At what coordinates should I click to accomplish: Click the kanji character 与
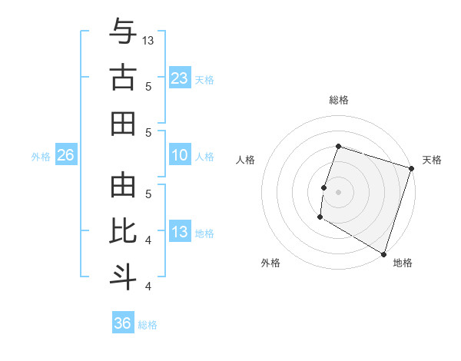click(x=122, y=32)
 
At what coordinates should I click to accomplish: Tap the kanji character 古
click(x=122, y=78)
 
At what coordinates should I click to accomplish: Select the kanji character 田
click(x=122, y=124)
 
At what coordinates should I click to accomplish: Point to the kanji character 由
click(x=122, y=185)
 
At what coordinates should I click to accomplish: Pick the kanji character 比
click(x=122, y=231)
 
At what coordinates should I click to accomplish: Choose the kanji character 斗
click(x=122, y=277)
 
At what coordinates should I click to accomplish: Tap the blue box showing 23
click(x=179, y=78)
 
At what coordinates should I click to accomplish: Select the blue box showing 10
click(x=179, y=155)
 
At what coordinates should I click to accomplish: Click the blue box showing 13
click(x=179, y=232)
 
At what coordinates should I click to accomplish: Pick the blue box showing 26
click(x=65, y=155)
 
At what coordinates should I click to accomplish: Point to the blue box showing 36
click(x=122, y=323)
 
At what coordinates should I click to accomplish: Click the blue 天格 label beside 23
click(x=204, y=79)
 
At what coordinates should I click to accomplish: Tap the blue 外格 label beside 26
click(x=41, y=156)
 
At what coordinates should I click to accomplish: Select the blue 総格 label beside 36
click(x=148, y=324)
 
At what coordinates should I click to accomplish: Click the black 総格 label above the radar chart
click(x=338, y=100)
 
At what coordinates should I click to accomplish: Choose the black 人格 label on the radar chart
click(x=246, y=160)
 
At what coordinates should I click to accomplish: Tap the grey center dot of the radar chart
click(x=338, y=191)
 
